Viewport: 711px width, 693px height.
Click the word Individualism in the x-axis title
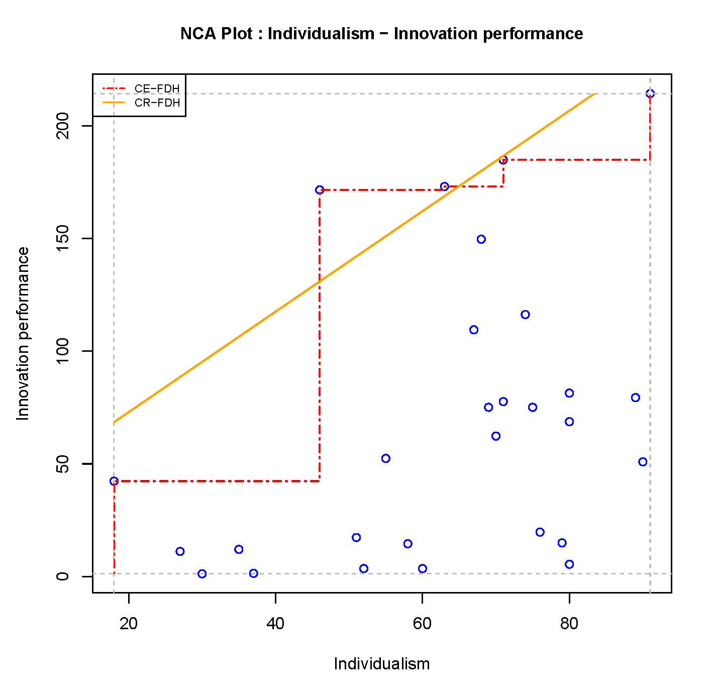click(x=381, y=664)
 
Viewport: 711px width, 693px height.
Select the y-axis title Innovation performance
click(x=23, y=334)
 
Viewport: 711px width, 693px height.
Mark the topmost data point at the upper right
click(x=650, y=93)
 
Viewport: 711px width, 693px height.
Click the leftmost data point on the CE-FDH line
click(x=114, y=481)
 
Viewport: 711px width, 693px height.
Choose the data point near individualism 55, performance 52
click(x=385, y=458)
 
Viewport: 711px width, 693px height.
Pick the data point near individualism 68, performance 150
click(x=481, y=239)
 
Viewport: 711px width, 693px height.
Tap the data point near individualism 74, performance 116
click(x=525, y=315)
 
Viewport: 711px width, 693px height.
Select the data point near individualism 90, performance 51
click(x=643, y=462)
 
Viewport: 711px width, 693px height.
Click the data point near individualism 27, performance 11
click(x=180, y=551)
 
